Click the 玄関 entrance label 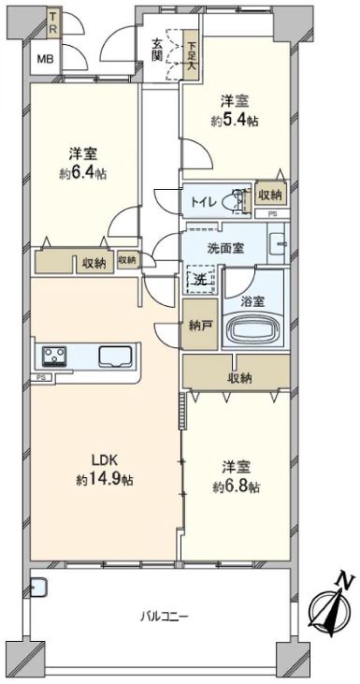(x=157, y=49)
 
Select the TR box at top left (x=53, y=24)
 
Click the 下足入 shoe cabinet (x=190, y=55)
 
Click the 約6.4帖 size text (x=83, y=174)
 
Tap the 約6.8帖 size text (x=238, y=487)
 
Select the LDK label (x=105, y=460)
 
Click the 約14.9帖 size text (x=105, y=480)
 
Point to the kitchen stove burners (x=54, y=356)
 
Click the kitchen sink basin (x=115, y=357)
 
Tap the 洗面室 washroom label (x=225, y=248)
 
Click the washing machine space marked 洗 (x=201, y=280)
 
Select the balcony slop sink (x=38, y=588)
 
